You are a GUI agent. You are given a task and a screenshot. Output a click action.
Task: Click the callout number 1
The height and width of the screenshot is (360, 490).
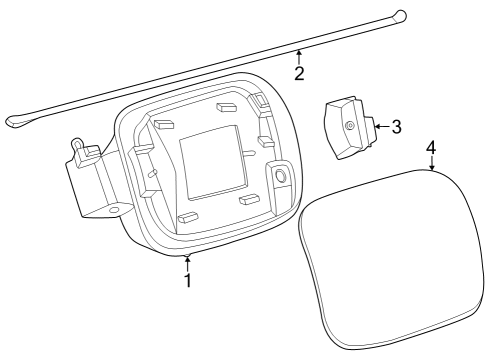pos(188,280)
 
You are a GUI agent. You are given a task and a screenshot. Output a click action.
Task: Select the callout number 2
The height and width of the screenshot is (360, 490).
pos(299,73)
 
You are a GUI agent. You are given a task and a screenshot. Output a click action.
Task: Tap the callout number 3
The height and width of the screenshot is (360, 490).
pos(396,127)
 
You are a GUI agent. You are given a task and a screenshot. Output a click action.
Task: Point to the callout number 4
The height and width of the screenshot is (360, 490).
pos(431,148)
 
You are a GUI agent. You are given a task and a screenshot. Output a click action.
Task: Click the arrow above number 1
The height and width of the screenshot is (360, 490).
pos(188,264)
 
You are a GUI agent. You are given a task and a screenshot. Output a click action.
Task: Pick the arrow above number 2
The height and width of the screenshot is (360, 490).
pos(299,57)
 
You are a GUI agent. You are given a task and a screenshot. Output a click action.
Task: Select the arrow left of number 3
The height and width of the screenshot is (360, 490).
pos(382,126)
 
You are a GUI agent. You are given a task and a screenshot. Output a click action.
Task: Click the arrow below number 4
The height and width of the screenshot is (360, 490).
pos(432,163)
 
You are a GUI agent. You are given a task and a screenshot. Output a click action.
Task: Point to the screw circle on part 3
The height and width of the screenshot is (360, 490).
pos(350,125)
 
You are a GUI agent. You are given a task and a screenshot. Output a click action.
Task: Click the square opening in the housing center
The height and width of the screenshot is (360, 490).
pos(213,162)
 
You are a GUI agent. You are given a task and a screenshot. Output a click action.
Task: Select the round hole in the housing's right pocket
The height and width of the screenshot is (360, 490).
pos(281,175)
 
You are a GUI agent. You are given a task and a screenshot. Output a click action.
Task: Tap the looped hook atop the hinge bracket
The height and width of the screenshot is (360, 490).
pos(77,144)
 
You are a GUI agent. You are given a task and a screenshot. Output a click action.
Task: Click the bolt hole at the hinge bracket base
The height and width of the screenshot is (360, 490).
pos(114,210)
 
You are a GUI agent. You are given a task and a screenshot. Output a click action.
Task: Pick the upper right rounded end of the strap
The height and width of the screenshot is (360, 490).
pos(399,15)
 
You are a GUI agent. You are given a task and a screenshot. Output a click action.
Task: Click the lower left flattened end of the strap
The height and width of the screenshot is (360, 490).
pos(15,121)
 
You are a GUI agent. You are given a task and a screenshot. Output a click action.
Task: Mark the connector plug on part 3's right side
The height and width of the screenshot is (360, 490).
pos(371,131)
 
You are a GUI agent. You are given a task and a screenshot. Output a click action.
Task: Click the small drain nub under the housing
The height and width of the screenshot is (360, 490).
pos(188,256)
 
